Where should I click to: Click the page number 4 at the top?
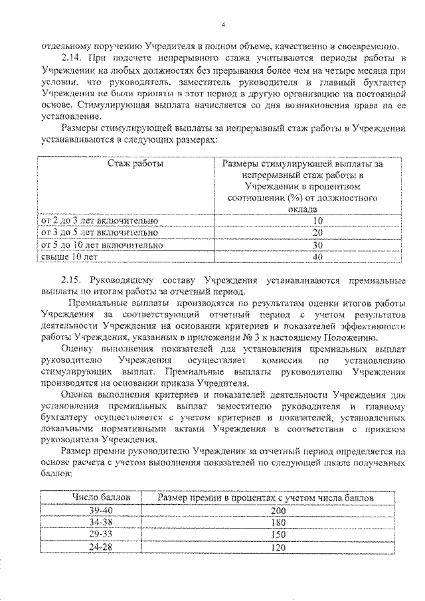coord(224,25)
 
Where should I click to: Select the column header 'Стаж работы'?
coord(136,163)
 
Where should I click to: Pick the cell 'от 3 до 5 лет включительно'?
coord(100,232)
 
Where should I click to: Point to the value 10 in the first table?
coord(317,220)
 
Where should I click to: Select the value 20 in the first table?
coord(317,232)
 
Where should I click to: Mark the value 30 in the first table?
coord(317,245)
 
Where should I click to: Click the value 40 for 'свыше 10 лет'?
coord(317,257)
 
